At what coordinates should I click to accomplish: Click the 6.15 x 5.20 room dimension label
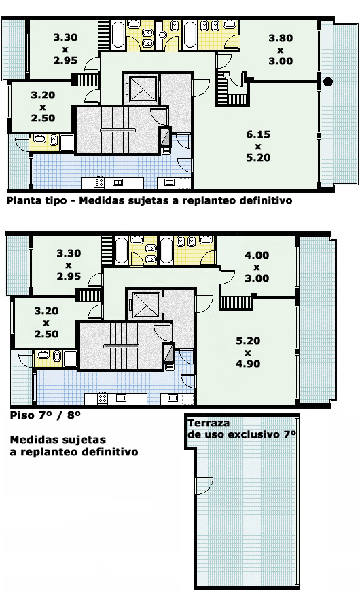pos(258,146)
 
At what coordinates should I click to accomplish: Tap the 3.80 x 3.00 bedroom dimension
pos(281,50)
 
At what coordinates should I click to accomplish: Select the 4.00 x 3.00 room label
pos(257,266)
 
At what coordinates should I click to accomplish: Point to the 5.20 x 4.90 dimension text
pos(248,352)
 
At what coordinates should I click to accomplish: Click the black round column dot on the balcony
pos(327,81)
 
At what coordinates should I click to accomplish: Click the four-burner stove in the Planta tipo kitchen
pos(99,183)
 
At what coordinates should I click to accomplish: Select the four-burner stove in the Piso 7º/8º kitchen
pos(103,398)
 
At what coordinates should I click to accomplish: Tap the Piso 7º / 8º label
pos(46,415)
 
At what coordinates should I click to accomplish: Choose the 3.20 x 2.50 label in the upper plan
pos(43,107)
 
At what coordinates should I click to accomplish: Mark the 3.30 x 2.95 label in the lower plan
pos(69,265)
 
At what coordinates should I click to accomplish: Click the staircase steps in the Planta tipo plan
pos(118,130)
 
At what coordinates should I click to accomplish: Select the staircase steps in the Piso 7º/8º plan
pos(122,345)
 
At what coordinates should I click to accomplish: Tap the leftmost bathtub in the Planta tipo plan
pos(118,35)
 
